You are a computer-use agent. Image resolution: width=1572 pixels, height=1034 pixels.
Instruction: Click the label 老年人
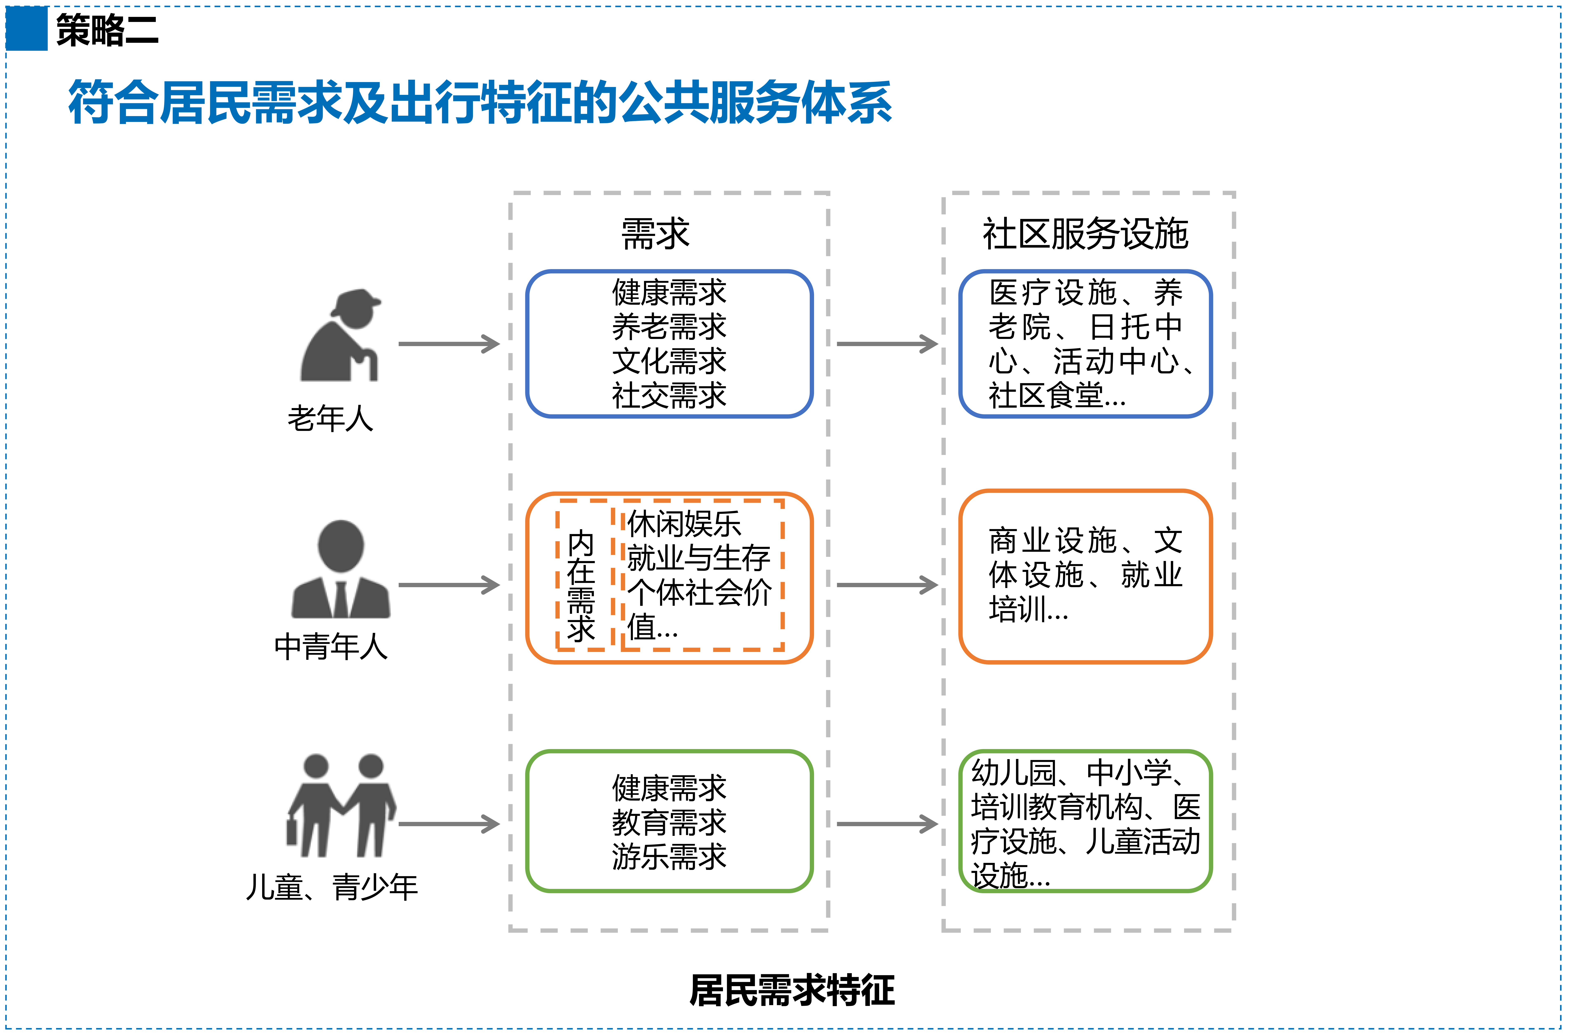point(330,418)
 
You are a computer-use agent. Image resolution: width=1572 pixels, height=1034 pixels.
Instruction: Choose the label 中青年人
point(331,646)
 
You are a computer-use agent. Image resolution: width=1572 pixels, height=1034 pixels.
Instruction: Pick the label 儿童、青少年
point(332,887)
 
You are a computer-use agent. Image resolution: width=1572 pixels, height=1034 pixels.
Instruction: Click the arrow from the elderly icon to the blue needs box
point(449,343)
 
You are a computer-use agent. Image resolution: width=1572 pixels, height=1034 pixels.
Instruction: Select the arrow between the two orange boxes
point(887,585)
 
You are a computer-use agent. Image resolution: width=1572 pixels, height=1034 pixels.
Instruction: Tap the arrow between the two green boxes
point(887,824)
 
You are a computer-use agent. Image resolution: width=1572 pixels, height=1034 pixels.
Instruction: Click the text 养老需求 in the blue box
point(669,326)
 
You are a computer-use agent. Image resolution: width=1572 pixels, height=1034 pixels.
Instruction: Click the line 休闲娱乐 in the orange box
point(684,524)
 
